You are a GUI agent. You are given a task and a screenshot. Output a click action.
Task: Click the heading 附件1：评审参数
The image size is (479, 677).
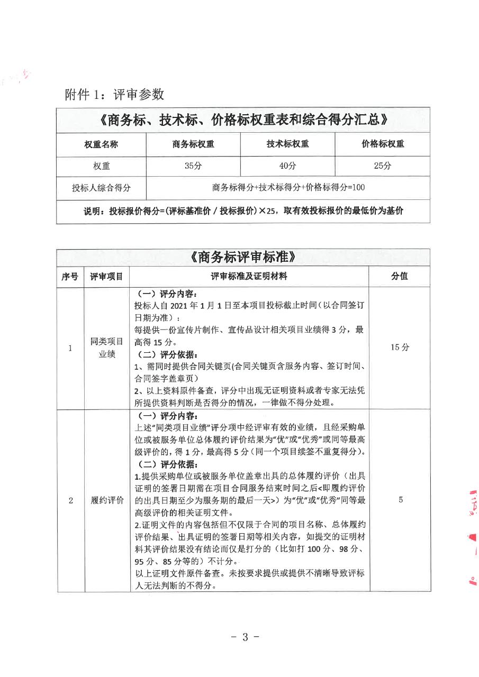point(114,94)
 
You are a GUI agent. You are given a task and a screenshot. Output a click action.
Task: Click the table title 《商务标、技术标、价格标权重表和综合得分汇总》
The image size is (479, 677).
point(243,120)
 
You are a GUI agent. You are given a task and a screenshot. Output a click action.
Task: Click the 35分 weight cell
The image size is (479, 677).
point(193,166)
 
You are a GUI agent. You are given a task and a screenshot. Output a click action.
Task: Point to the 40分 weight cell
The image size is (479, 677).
point(287,166)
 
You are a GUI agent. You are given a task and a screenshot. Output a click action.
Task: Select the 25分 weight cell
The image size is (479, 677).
point(382,166)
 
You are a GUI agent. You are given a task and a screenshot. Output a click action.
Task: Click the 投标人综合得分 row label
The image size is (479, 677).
point(101,187)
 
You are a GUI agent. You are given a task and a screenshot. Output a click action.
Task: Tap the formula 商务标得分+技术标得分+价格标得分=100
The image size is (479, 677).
point(288,187)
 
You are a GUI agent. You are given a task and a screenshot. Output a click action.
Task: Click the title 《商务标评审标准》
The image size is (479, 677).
point(243,258)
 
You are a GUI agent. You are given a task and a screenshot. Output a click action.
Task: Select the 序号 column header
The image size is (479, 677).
point(70,277)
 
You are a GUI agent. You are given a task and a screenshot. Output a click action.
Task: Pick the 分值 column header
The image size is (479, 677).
point(400,277)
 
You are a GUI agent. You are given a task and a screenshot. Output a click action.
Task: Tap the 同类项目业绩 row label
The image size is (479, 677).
point(106,348)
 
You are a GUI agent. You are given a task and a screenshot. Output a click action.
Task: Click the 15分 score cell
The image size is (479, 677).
point(400,347)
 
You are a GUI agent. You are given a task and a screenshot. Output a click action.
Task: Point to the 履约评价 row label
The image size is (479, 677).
point(106,500)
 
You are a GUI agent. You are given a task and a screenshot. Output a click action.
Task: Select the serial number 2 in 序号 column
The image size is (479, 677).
point(70,500)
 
